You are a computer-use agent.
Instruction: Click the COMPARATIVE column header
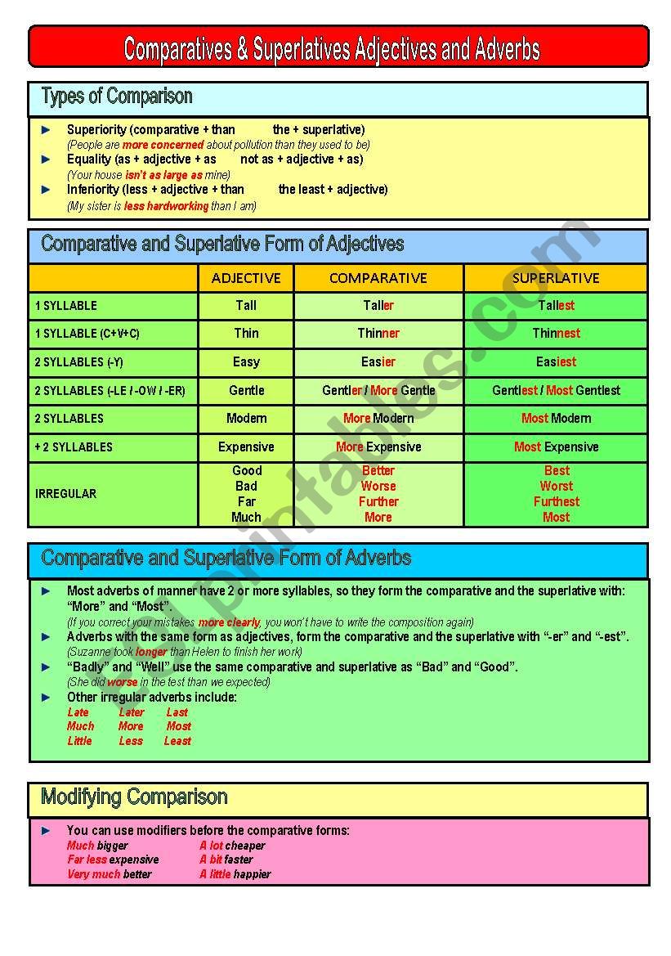point(378,278)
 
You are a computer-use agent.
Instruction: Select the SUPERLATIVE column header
point(556,278)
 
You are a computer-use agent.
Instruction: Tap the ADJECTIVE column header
point(246,278)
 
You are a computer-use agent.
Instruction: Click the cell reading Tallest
point(556,306)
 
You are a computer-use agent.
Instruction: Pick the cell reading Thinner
point(378,334)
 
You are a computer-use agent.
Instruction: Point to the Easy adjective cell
point(246,361)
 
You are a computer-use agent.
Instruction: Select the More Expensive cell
point(378,447)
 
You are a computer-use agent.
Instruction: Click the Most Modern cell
point(556,419)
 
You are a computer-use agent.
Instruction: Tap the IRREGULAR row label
point(65,494)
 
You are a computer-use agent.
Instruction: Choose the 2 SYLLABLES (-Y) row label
point(79,362)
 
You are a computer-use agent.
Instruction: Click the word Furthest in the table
point(556,502)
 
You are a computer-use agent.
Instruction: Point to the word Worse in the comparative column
point(378,487)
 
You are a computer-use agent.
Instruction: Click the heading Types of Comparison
point(117,96)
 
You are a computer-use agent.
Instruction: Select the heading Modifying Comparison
point(134,797)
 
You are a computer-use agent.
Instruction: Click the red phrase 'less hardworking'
point(166,207)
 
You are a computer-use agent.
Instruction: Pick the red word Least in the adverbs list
point(177,742)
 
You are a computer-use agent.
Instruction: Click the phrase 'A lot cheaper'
point(232,846)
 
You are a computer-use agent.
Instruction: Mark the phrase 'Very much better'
point(110,875)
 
